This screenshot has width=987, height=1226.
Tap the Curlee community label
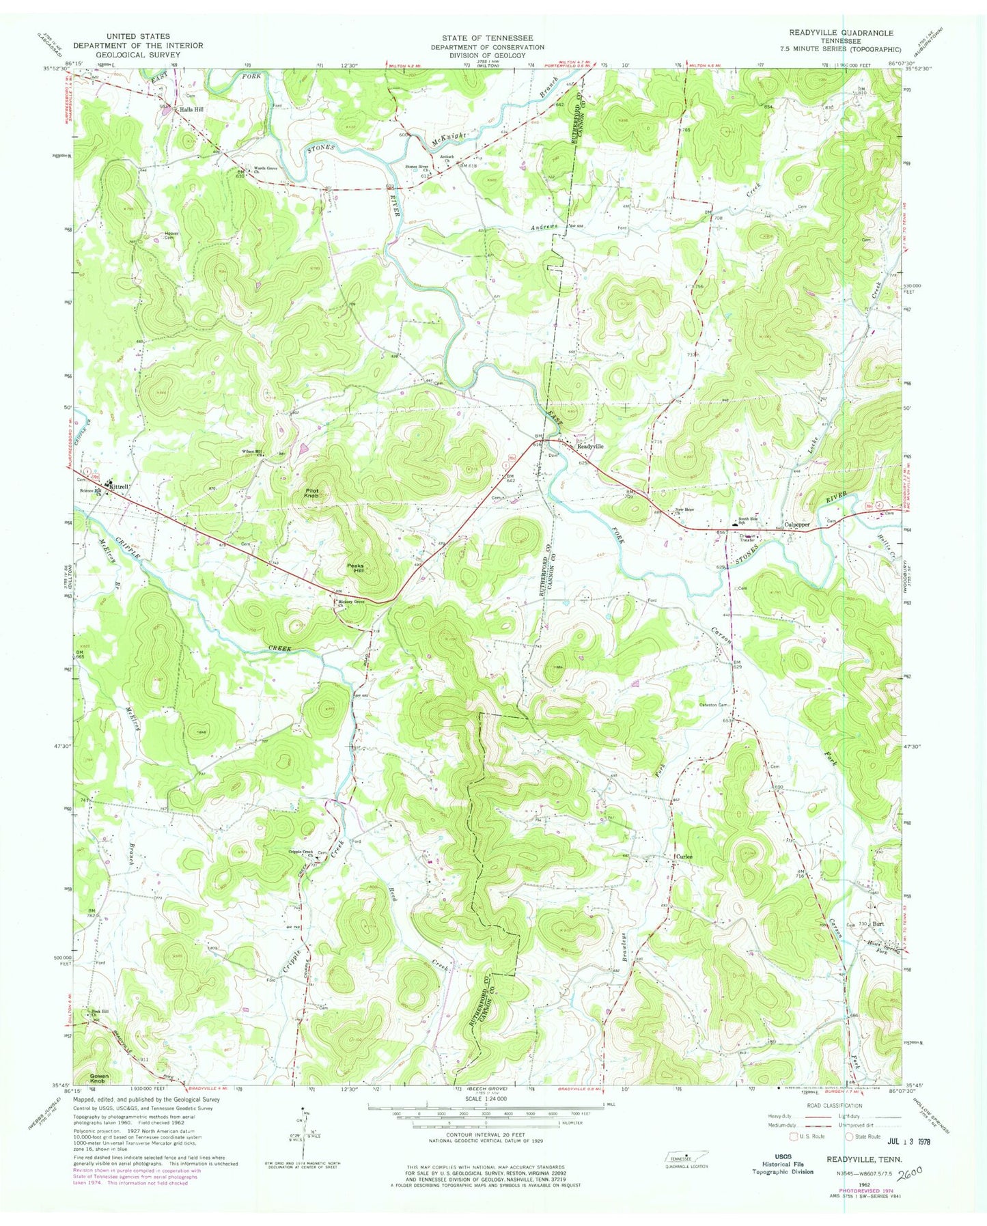click(684, 856)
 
